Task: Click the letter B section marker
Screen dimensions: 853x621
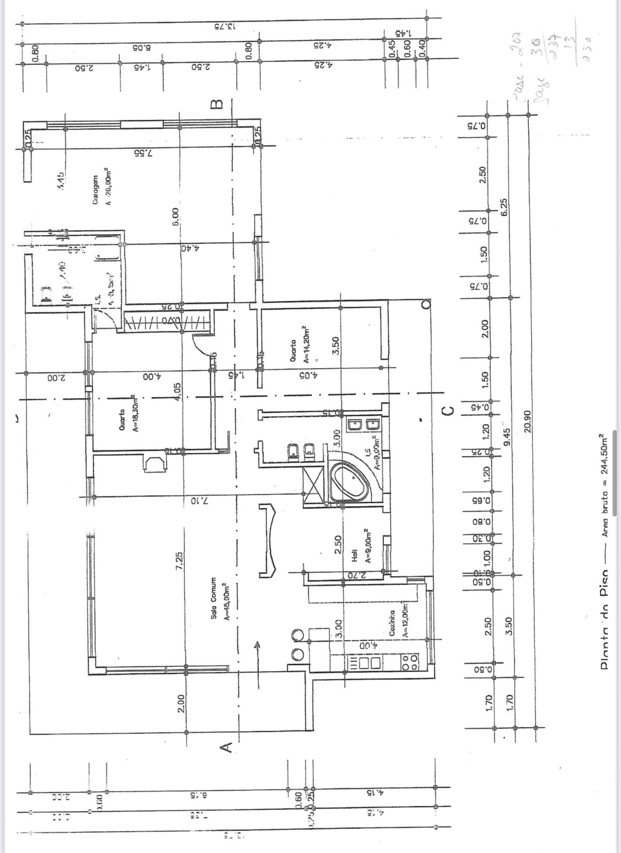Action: pos(216,104)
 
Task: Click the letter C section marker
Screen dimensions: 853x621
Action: pos(449,410)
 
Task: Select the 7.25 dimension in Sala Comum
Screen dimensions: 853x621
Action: pos(179,561)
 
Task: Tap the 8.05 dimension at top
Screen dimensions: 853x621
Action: pos(140,47)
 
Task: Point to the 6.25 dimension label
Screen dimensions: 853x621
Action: pos(504,207)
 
